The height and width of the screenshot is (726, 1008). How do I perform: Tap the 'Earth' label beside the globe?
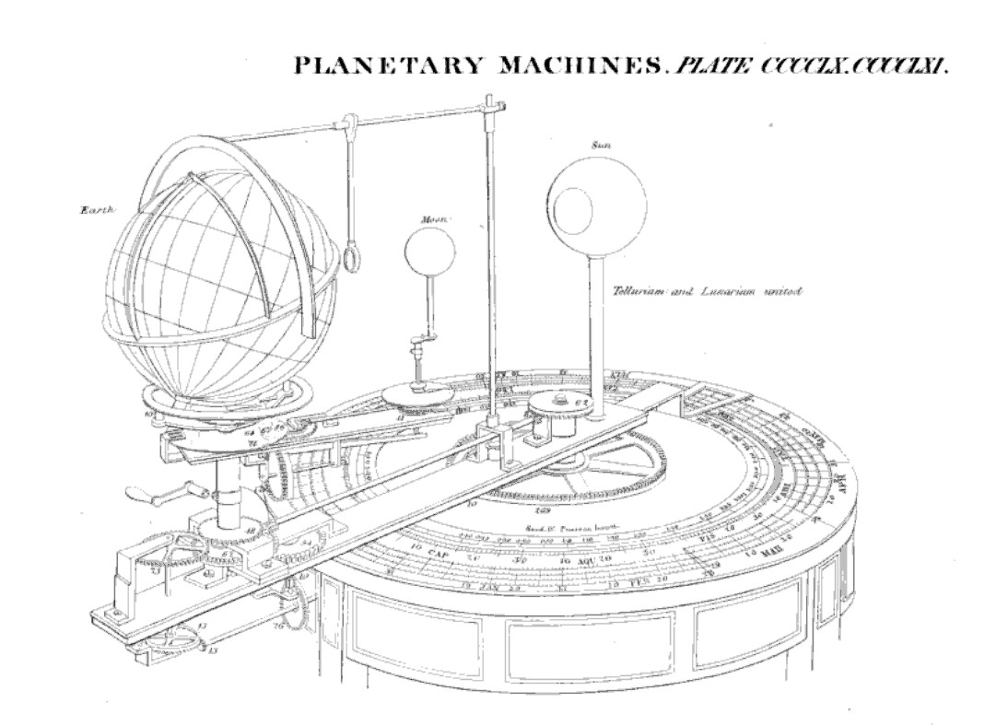point(96,211)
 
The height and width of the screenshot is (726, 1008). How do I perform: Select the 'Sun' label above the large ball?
point(603,146)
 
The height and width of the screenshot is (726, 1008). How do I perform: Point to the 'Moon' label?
point(433,220)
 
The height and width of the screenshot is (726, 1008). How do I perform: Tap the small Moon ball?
point(429,252)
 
